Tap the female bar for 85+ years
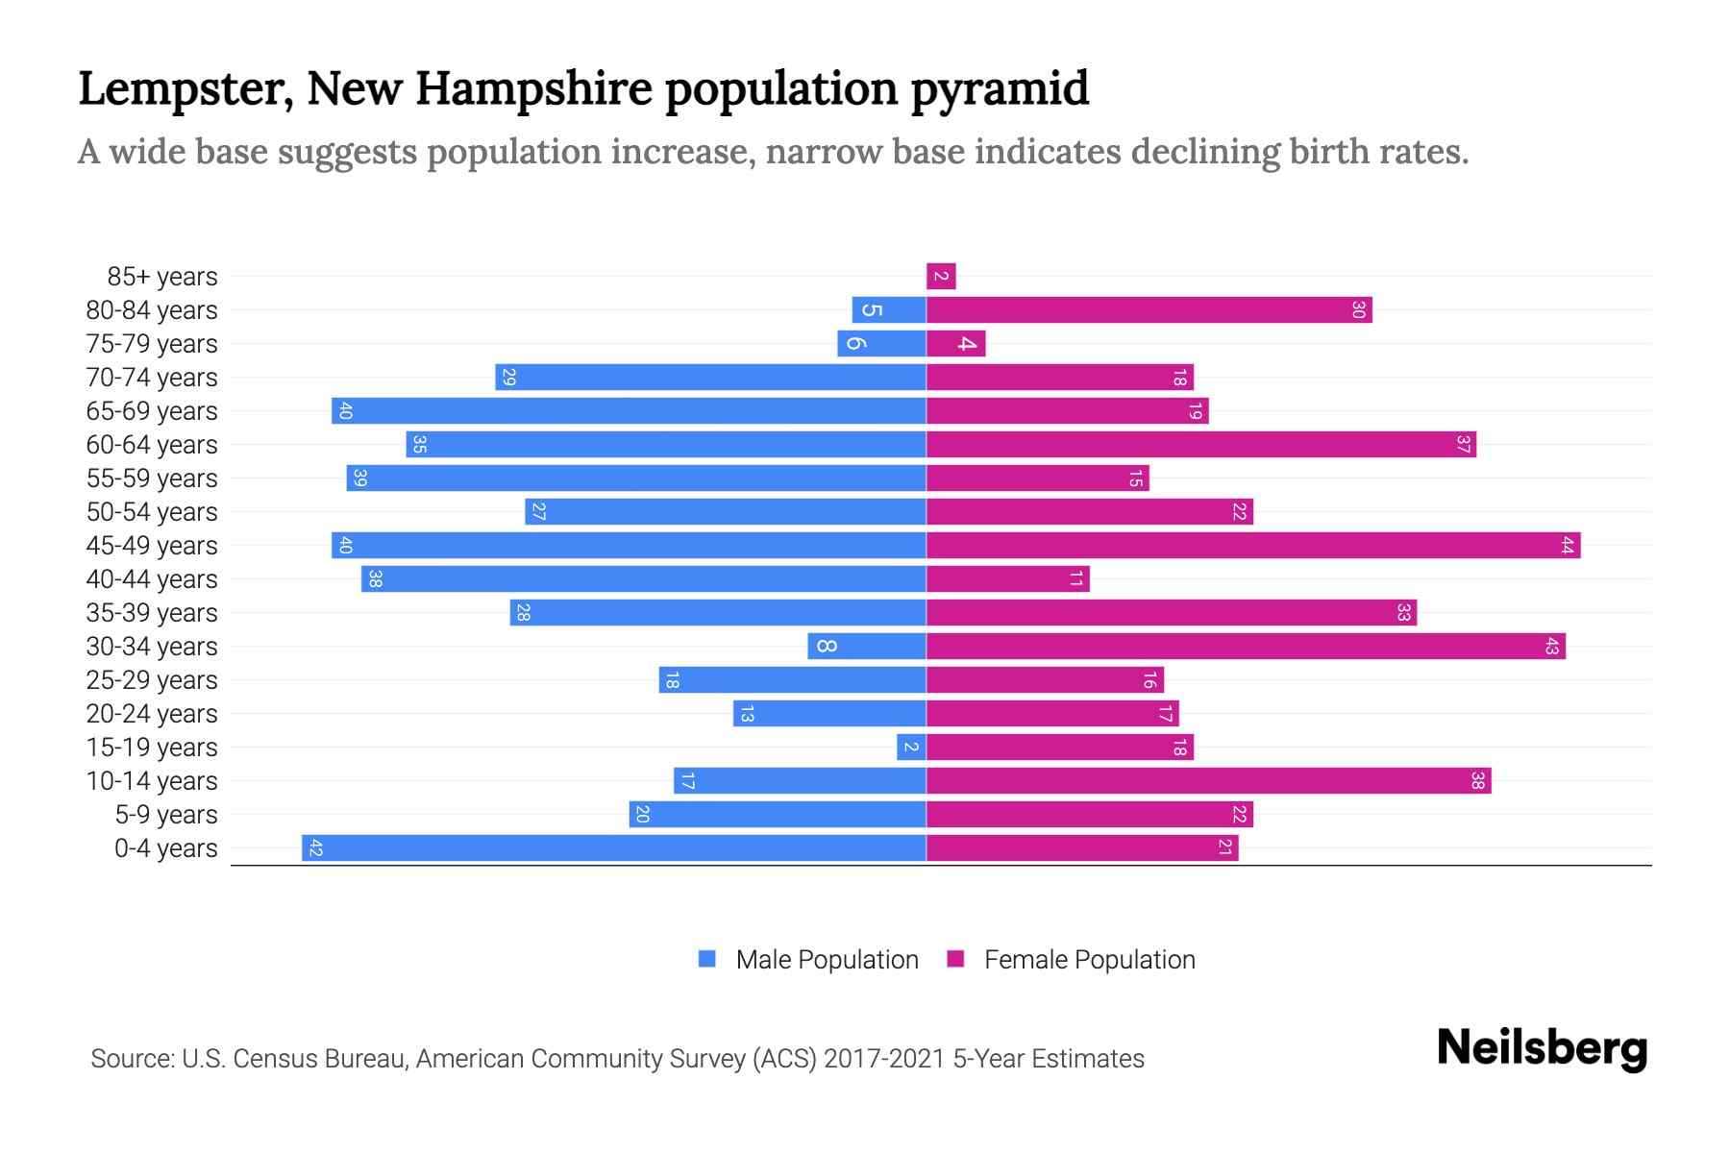tap(941, 277)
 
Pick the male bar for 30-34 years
tap(867, 647)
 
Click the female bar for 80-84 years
tap(1149, 310)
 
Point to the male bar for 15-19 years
tap(911, 748)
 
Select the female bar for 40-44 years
tap(1007, 579)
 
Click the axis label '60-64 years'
tap(152, 445)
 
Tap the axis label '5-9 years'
tap(165, 815)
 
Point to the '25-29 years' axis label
tap(152, 680)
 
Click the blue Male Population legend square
tap(707, 959)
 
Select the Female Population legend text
tap(1089, 960)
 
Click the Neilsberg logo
tap(1542, 1048)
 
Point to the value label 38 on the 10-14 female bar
tap(1477, 781)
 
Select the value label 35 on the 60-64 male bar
tap(419, 445)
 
